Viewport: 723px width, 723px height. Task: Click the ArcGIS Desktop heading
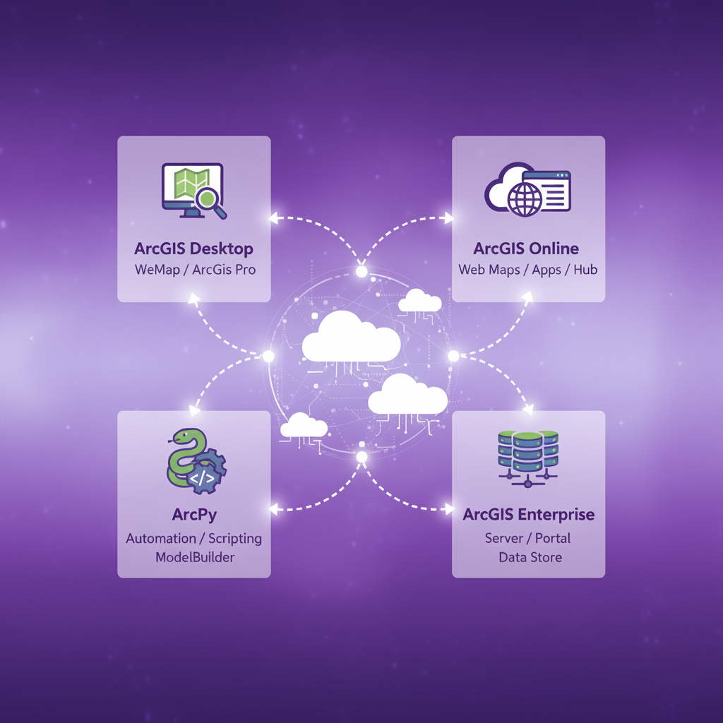point(193,249)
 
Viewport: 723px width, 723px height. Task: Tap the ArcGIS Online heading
point(526,249)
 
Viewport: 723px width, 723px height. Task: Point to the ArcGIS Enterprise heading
point(529,514)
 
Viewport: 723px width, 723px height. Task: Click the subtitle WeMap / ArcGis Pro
point(195,270)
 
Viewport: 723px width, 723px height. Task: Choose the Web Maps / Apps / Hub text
point(527,270)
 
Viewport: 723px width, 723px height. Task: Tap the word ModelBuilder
point(193,557)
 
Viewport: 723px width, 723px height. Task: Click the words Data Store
point(530,557)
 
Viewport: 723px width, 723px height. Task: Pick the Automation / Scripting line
point(193,538)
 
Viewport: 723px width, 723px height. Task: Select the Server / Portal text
point(527,538)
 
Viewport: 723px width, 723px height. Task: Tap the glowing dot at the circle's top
point(361,271)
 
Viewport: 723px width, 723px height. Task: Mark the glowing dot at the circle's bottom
point(361,458)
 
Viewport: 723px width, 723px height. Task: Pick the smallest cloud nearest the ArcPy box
point(304,426)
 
